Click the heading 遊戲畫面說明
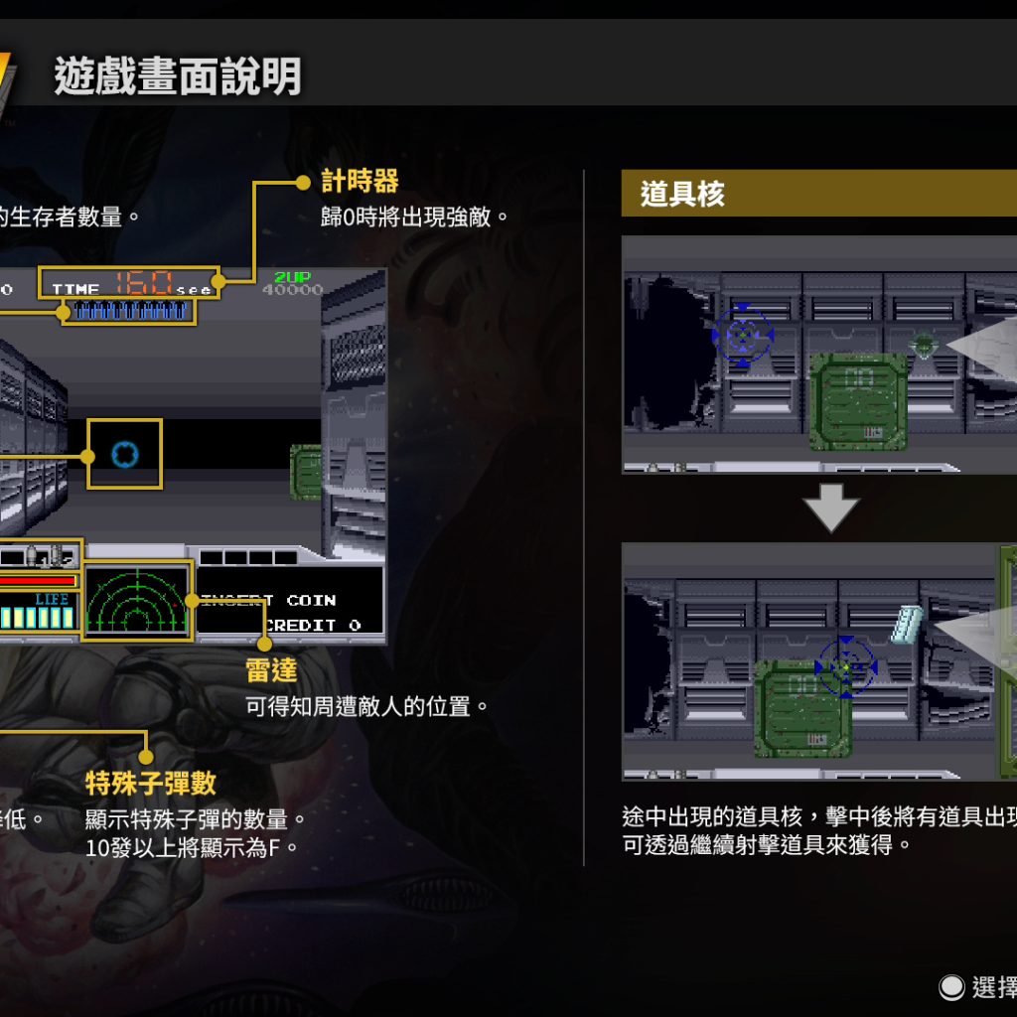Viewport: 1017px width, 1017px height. coord(178,76)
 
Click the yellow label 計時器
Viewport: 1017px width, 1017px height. coord(360,181)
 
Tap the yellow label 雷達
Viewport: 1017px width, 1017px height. coord(271,670)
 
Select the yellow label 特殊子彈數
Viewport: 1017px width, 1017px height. coord(150,784)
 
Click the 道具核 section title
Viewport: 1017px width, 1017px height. coord(682,194)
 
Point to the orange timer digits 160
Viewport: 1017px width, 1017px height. coord(143,283)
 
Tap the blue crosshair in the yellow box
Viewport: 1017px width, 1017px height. coord(124,454)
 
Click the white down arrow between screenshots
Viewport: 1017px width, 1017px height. coord(830,508)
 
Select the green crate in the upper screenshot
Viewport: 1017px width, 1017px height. coord(858,401)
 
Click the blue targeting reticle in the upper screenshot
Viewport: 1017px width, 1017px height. coord(742,336)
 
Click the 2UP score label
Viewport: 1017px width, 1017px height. coord(292,277)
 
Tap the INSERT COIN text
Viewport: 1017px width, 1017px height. coord(269,600)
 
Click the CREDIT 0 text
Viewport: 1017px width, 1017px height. coord(314,625)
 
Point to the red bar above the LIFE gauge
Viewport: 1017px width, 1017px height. coord(38,580)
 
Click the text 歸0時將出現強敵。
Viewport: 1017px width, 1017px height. coord(414,217)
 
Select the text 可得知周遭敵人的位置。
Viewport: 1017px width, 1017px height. coord(367,707)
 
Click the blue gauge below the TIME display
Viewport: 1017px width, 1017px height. coord(129,311)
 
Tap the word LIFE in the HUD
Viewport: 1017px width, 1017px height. coord(52,599)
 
